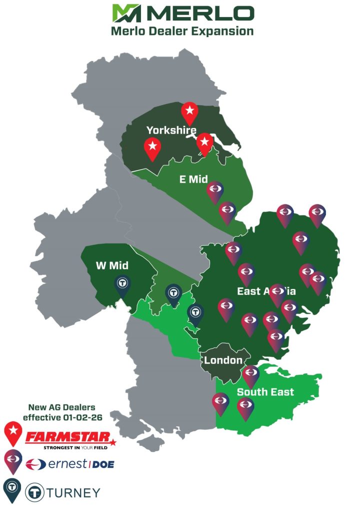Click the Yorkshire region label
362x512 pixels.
[171, 131]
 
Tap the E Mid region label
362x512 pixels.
[193, 179]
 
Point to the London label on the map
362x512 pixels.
[223, 360]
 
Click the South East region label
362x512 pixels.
[265, 392]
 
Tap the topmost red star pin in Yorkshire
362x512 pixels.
[189, 113]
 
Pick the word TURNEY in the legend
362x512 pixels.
[72, 492]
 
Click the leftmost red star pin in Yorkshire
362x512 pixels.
[153, 148]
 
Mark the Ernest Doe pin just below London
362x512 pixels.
[250, 375]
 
